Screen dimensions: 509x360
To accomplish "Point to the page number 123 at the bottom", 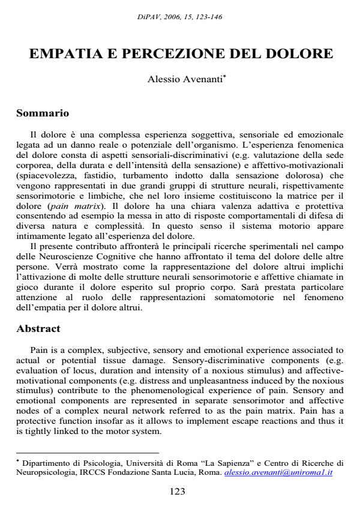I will click(179, 490).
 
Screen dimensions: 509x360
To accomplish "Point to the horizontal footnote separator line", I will click(87, 453).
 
